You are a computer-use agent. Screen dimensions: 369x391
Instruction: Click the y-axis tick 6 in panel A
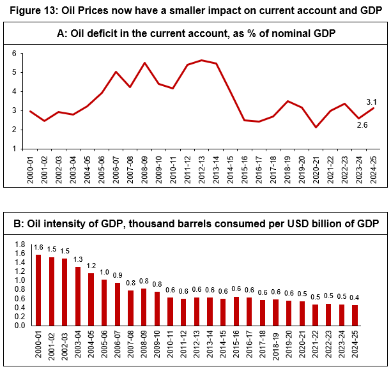point(13,53)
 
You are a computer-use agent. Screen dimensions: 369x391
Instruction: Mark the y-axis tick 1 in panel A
point(13,149)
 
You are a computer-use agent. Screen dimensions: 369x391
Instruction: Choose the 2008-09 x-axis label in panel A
point(145,168)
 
